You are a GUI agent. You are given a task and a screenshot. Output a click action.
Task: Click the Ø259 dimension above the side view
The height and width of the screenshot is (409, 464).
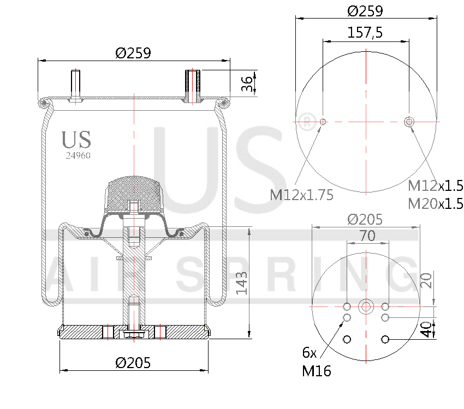(133, 53)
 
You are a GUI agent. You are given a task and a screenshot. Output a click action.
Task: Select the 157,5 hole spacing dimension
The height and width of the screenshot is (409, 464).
(365, 33)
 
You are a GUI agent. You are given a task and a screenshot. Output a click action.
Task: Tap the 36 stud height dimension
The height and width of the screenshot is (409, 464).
(247, 84)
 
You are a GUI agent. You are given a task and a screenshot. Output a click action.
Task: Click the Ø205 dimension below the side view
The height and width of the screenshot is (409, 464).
(133, 362)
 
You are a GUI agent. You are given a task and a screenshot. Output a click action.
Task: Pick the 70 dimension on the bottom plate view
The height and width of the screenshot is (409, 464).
(366, 236)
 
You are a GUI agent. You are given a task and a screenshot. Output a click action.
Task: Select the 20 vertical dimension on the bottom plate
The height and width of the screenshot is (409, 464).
(427, 280)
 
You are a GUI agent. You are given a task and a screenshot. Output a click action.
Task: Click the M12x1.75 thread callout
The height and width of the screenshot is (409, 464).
(301, 195)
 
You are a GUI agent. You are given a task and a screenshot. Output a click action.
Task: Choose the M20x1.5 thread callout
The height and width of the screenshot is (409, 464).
(435, 204)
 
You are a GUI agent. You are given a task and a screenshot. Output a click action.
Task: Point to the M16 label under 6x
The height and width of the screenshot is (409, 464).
(316, 371)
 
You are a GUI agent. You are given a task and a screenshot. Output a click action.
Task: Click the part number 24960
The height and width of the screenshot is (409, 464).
(78, 155)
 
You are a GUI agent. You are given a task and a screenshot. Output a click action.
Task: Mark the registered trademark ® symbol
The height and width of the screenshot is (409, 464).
(308, 122)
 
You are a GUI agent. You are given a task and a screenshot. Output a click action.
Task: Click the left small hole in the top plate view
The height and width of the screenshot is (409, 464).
(323, 121)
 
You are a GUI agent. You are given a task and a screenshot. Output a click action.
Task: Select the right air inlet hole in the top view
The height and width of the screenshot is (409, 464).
(410, 121)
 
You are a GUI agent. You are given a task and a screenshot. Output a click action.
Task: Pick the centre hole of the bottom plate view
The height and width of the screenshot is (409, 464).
(366, 306)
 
